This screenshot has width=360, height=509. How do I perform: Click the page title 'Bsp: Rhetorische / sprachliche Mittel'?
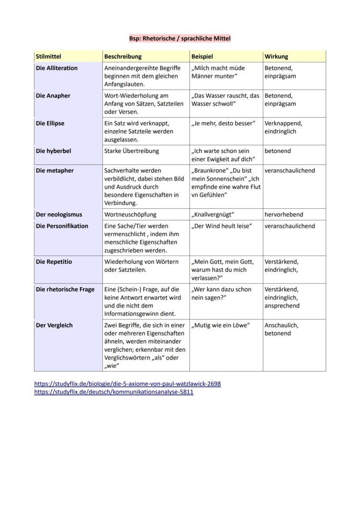tap(180, 39)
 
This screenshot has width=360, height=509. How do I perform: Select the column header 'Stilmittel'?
tap(48, 57)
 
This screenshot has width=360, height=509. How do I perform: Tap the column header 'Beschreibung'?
tap(123, 57)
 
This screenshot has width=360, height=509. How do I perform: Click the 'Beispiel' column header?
tap(202, 57)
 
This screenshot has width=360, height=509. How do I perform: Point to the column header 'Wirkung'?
tap(276, 57)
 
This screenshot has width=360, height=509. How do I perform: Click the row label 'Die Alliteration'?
tap(57, 68)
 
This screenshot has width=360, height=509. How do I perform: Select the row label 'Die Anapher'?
tap(53, 96)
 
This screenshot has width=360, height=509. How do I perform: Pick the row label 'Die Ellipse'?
tap(50, 123)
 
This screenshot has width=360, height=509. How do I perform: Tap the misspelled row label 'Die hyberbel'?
tap(53, 151)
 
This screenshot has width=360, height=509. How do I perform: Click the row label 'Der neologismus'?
tap(59, 215)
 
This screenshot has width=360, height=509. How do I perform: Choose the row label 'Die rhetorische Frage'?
tap(65, 289)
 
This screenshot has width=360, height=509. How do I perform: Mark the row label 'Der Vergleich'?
tap(54, 326)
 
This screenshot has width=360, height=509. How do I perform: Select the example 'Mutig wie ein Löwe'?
tap(220, 326)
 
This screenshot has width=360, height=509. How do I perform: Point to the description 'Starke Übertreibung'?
tap(131, 151)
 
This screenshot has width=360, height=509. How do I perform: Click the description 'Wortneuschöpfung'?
tap(130, 215)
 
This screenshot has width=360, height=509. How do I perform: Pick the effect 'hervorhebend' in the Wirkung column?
tap(283, 215)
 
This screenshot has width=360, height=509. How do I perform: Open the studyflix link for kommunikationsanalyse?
tap(113, 392)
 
